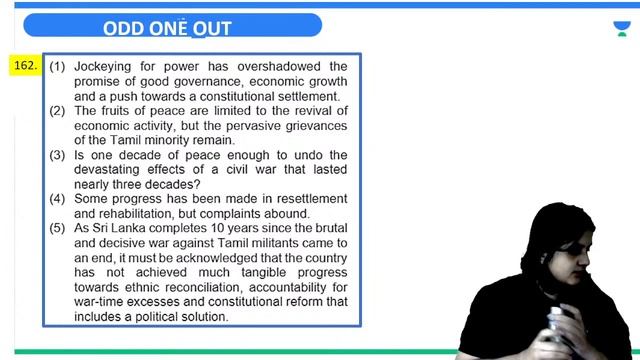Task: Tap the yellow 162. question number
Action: [25, 66]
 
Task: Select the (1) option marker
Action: [58, 67]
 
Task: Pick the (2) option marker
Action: [58, 111]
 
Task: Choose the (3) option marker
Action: [58, 155]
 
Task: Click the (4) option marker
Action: [58, 199]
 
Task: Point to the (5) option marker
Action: [58, 229]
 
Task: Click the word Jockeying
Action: [105, 67]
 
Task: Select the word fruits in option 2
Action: [120, 111]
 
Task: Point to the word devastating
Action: [112, 170]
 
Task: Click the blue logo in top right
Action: [621, 28]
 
